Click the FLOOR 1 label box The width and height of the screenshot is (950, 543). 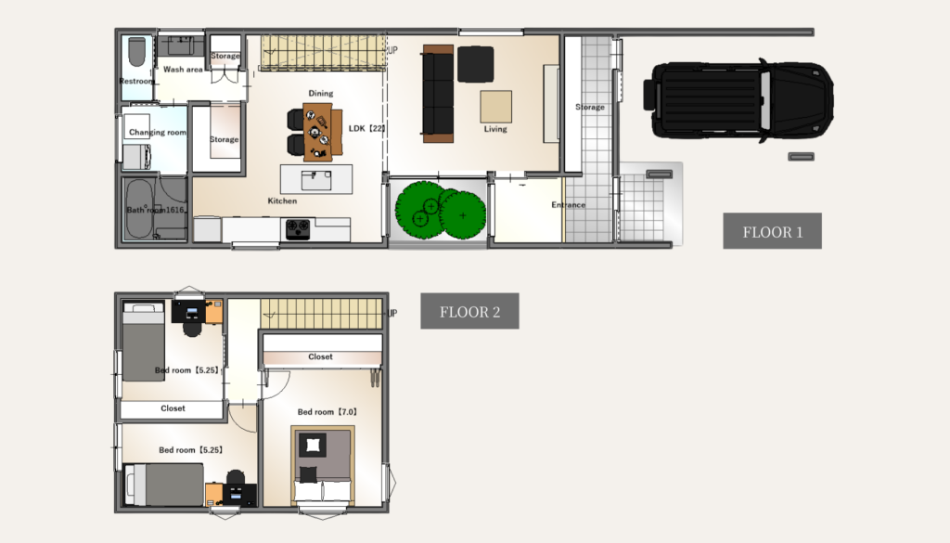point(773,231)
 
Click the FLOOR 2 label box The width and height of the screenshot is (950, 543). point(469,311)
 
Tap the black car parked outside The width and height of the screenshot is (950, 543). point(738,100)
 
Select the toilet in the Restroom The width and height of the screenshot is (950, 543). point(137,52)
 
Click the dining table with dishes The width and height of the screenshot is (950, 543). point(318,132)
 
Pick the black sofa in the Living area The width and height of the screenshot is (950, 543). point(438,94)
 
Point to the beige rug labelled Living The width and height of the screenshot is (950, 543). point(496,107)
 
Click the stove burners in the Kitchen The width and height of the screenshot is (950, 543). point(298,229)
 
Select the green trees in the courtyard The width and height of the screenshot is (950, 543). point(441,211)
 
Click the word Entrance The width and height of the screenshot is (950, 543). point(569,205)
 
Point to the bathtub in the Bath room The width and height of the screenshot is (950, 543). point(139,209)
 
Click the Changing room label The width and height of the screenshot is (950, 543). point(158,132)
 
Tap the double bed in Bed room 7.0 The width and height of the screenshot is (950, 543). point(323,465)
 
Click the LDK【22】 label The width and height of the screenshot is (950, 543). point(367,128)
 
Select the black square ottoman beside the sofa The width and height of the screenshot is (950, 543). point(476,64)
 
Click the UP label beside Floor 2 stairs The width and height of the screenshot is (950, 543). point(392,314)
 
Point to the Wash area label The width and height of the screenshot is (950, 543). point(183,70)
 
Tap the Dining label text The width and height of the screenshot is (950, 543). point(320,94)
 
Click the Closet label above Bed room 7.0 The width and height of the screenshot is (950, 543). point(320,357)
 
